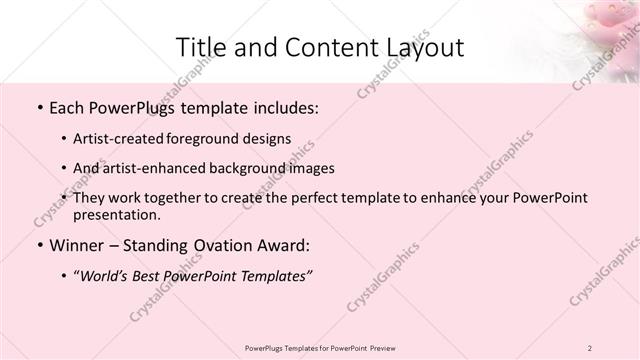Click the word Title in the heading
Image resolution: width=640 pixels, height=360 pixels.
pyautogui.click(x=200, y=48)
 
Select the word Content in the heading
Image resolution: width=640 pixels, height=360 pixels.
pyautogui.click(x=318, y=48)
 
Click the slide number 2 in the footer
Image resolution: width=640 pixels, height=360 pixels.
pyautogui.click(x=591, y=347)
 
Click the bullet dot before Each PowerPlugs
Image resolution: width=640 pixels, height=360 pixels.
pyautogui.click(x=38, y=106)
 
